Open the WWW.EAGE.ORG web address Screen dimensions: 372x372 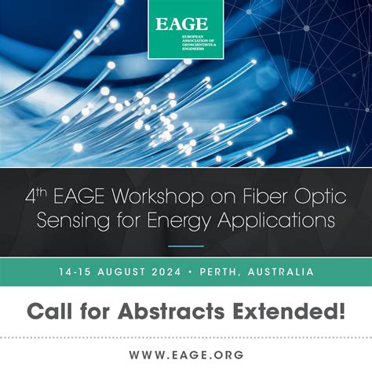tap(186, 354)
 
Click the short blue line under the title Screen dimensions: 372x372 tap(186, 246)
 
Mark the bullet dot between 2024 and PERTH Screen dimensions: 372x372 tap(210, 272)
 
